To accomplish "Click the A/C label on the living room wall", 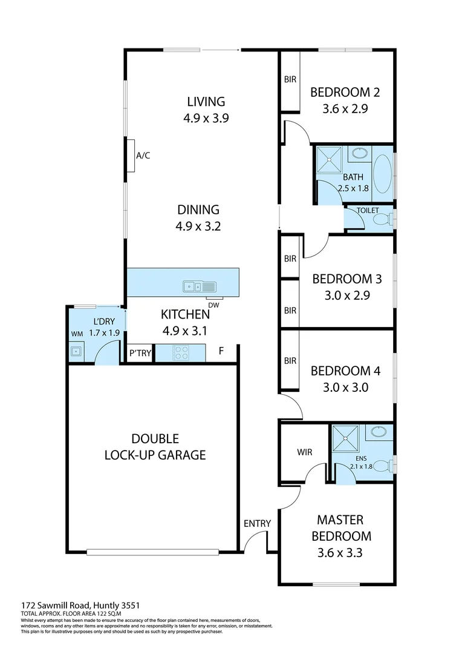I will [x=143, y=156].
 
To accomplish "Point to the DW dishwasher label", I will [x=213, y=305].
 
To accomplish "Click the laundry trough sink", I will [x=76, y=351].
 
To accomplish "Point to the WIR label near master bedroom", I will [x=304, y=452].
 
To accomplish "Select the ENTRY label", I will [x=257, y=524].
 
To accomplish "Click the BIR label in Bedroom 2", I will [x=290, y=79].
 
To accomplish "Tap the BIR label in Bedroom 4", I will [x=290, y=361].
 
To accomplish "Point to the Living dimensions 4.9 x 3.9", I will [x=206, y=119].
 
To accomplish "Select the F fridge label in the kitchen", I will [x=222, y=351].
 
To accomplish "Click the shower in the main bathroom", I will [x=330, y=161].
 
